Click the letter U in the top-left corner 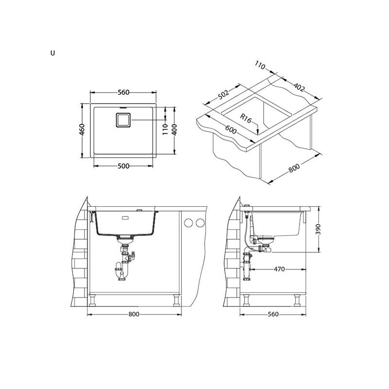click(53, 53)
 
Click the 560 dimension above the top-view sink click(124, 92)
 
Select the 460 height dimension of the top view click(82, 129)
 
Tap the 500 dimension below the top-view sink click(124, 166)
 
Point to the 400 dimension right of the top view click(175, 129)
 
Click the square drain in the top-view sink click(123, 120)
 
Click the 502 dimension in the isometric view click(223, 94)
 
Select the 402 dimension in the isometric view click(299, 87)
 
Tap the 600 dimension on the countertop click(230, 129)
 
